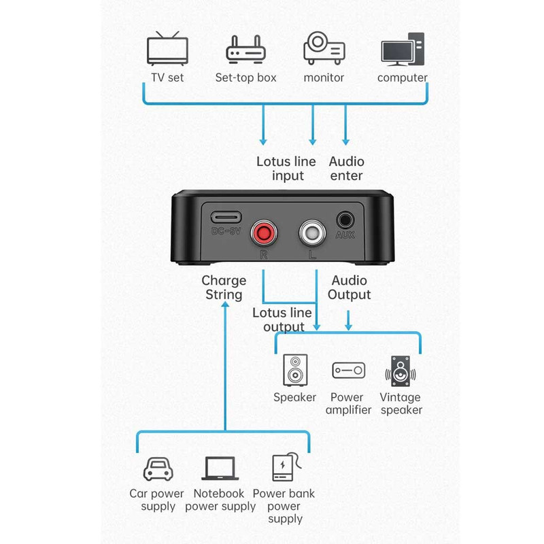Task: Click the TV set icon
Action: pyautogui.click(x=167, y=49)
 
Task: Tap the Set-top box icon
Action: pyautogui.click(x=245, y=50)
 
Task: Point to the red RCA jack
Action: pyautogui.click(x=262, y=235)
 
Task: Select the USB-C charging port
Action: pyautogui.click(x=225, y=218)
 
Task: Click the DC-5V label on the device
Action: pyautogui.click(x=225, y=231)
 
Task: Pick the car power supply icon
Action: pyautogui.click(x=157, y=469)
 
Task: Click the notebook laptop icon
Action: pyautogui.click(x=220, y=469)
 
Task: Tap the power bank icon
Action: pyautogui.click(x=285, y=469)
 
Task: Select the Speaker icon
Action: pyautogui.click(x=295, y=371)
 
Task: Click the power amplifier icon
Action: pyautogui.click(x=348, y=371)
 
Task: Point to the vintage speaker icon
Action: pyautogui.click(x=401, y=371)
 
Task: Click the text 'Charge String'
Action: pyautogui.click(x=224, y=287)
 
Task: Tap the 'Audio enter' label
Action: pyautogui.click(x=346, y=169)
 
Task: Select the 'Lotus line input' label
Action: pyautogui.click(x=286, y=169)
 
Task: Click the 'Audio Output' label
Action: pyautogui.click(x=350, y=287)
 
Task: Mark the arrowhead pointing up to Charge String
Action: pyautogui.click(x=224, y=307)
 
